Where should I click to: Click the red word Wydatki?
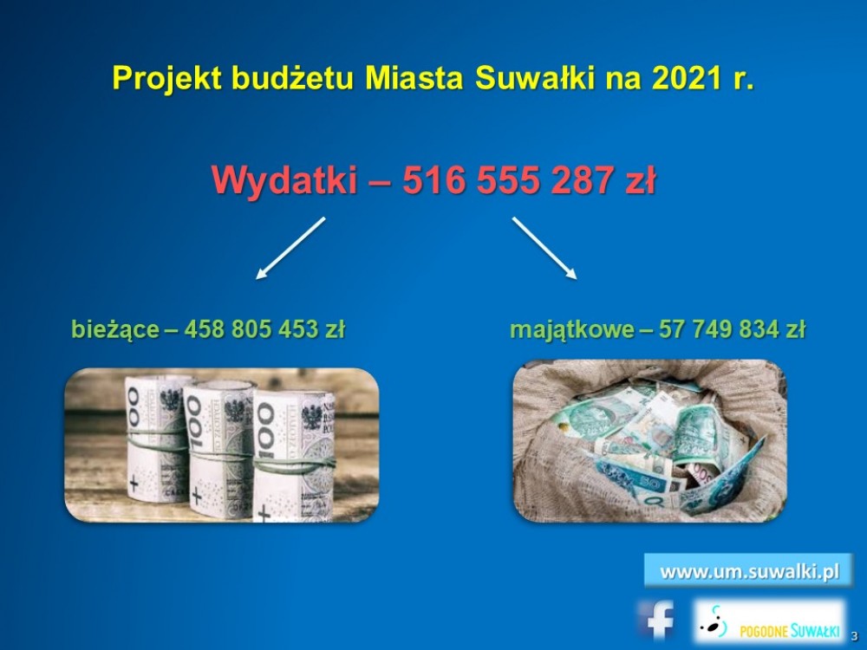click(x=284, y=181)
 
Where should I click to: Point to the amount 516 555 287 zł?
click(x=529, y=180)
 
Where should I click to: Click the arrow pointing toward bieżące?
click(x=290, y=248)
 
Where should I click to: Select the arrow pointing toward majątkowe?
click(x=544, y=248)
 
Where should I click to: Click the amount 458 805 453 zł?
click(x=264, y=329)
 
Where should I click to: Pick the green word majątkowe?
click(x=571, y=330)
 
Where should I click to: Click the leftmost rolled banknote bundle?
click(x=155, y=439)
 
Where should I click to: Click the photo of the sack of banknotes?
click(x=649, y=441)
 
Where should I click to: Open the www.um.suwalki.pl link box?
click(x=749, y=571)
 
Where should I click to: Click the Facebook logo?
click(x=656, y=620)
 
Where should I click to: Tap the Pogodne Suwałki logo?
click(x=770, y=621)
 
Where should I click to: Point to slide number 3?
click(x=854, y=635)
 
